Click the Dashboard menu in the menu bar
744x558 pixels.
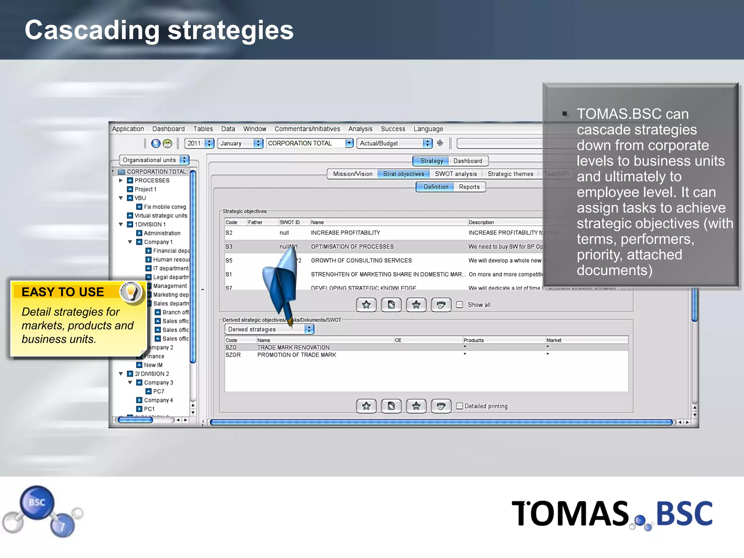coord(168,129)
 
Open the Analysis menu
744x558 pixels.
coord(360,129)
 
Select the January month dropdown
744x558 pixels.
coord(240,143)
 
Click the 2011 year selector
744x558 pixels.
coord(199,143)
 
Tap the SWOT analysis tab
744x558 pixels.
coord(456,174)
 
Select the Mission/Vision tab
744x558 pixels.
coord(352,174)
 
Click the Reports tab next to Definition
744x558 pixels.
coord(469,187)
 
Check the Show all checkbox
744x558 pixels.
coord(460,305)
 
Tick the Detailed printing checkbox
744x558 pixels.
coord(460,406)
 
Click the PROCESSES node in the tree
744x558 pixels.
coord(152,181)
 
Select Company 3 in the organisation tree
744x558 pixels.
coord(158,383)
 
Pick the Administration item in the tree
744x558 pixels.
coord(162,233)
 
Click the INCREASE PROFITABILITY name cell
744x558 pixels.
coord(345,233)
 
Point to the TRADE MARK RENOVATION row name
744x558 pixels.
coord(293,348)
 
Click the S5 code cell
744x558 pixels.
coord(229,260)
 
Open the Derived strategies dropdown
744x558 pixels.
coord(269,329)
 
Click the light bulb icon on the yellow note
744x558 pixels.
coord(131,292)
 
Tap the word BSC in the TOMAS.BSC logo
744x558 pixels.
coord(684,514)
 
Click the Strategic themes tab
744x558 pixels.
coord(510,174)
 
